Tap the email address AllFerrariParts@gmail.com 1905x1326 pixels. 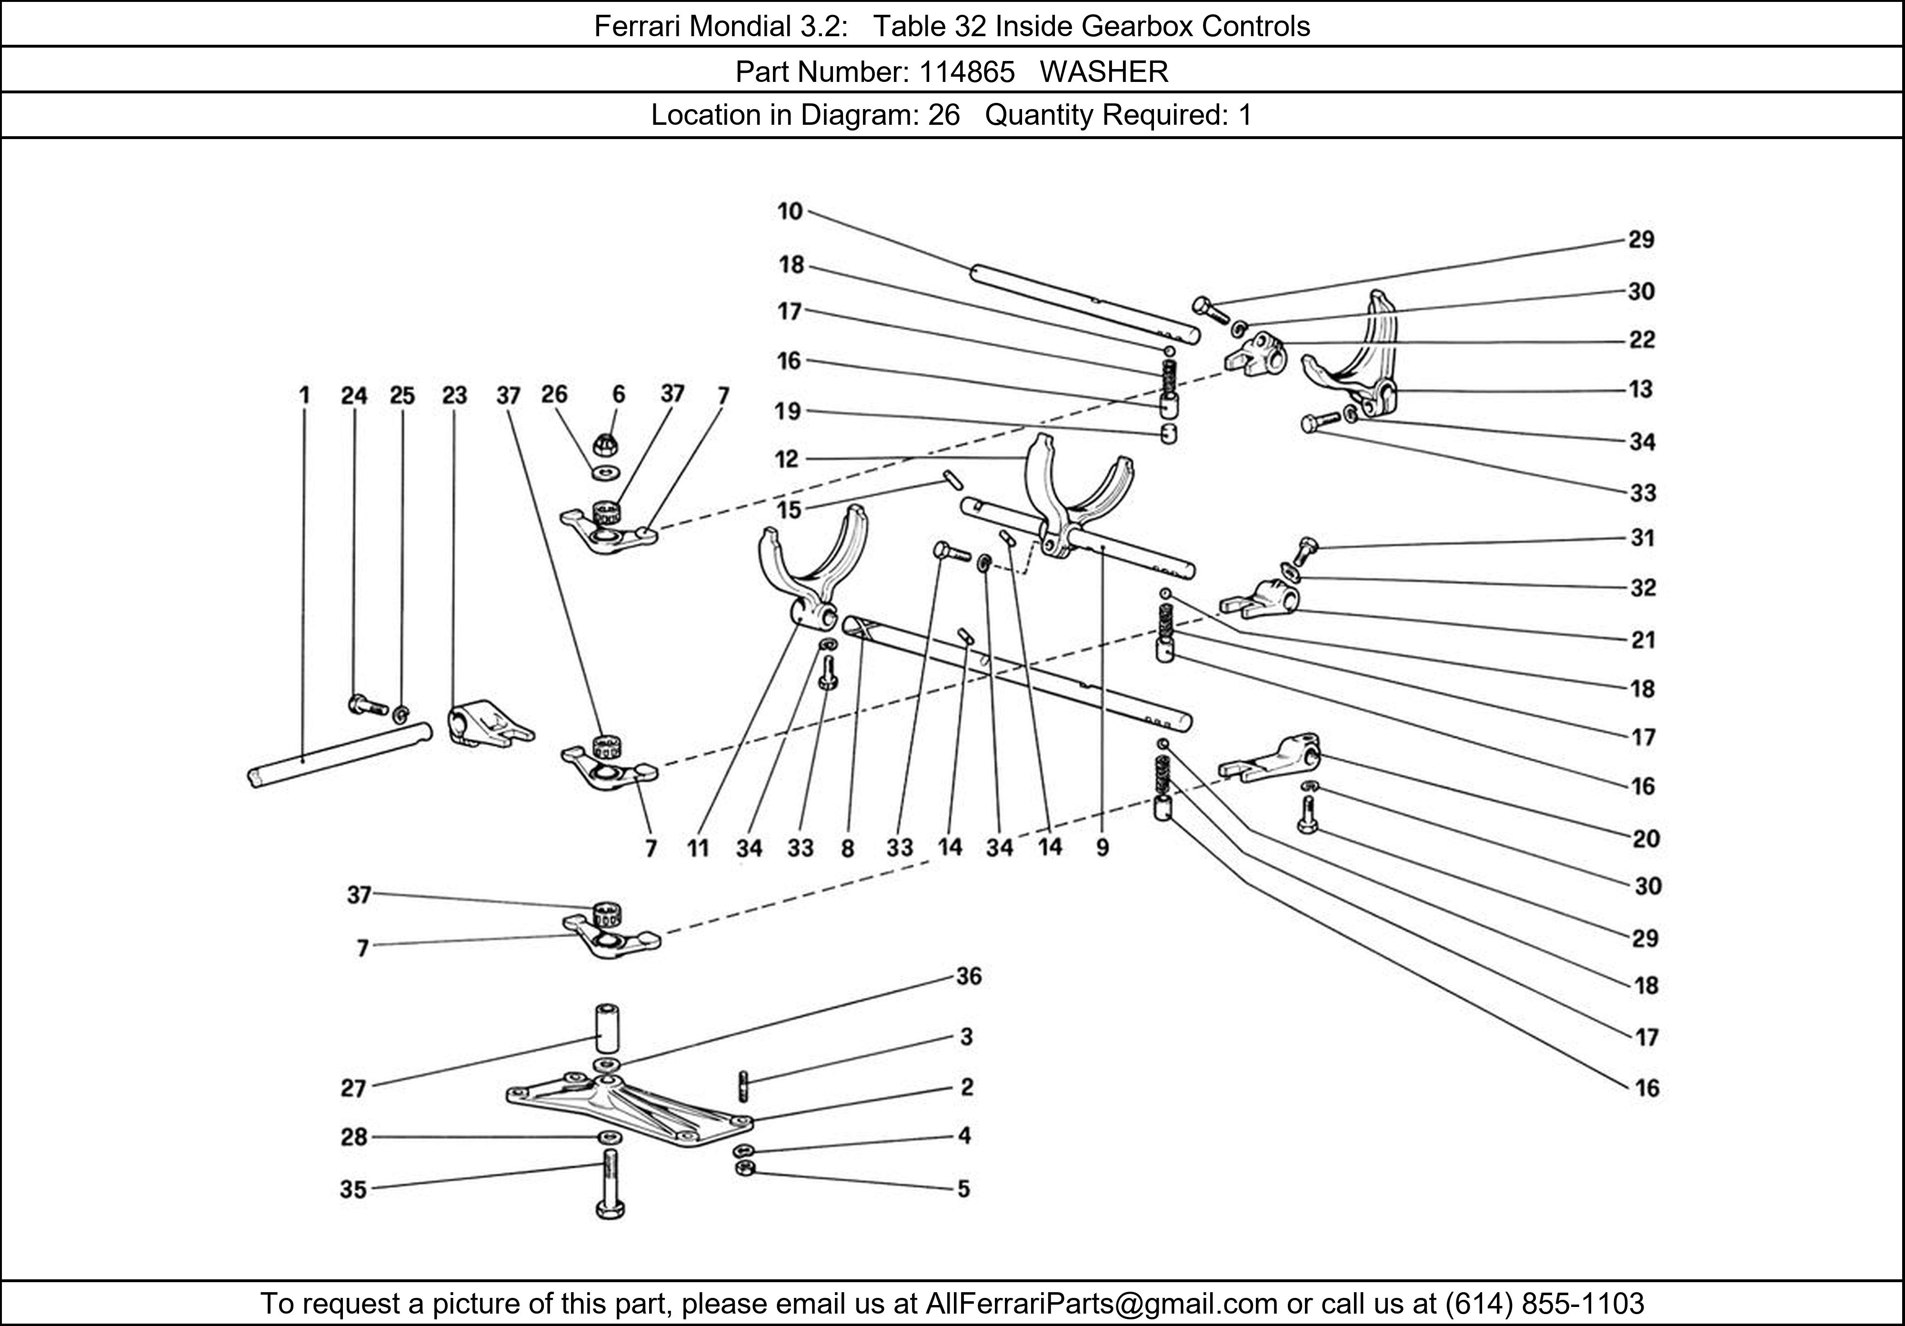click(x=1101, y=1304)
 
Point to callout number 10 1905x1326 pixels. click(x=790, y=211)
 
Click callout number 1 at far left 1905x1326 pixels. click(x=304, y=395)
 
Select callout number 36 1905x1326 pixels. click(x=968, y=977)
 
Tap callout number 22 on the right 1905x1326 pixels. click(x=1641, y=340)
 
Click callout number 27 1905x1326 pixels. click(x=353, y=1088)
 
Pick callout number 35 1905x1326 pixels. click(x=353, y=1190)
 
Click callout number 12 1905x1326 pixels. click(x=787, y=459)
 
